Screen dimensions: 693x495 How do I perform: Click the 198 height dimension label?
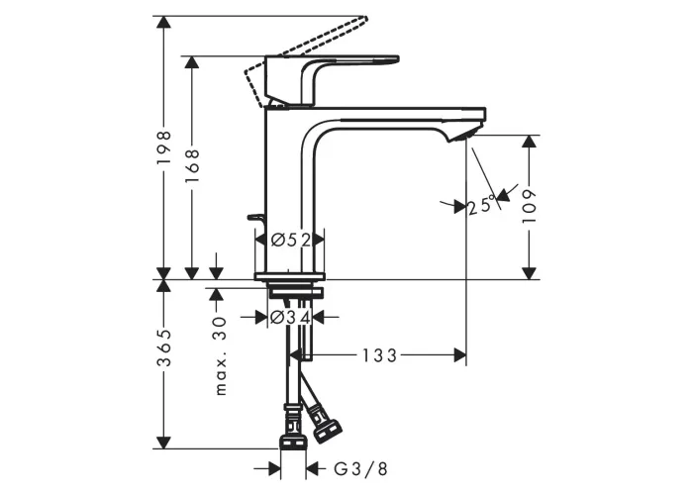pos(164,148)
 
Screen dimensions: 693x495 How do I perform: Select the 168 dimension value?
pos(192,166)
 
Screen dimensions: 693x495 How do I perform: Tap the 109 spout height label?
pos(529,206)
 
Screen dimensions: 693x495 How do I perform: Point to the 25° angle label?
pos(481,205)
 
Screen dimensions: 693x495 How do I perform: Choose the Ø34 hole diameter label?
pos(290,317)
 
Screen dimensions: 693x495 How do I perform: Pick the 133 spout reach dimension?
pos(380,355)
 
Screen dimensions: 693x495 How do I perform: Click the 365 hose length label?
pos(164,347)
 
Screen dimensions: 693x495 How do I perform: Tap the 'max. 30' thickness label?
pos(220,355)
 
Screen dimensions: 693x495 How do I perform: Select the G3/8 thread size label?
pos(360,469)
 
